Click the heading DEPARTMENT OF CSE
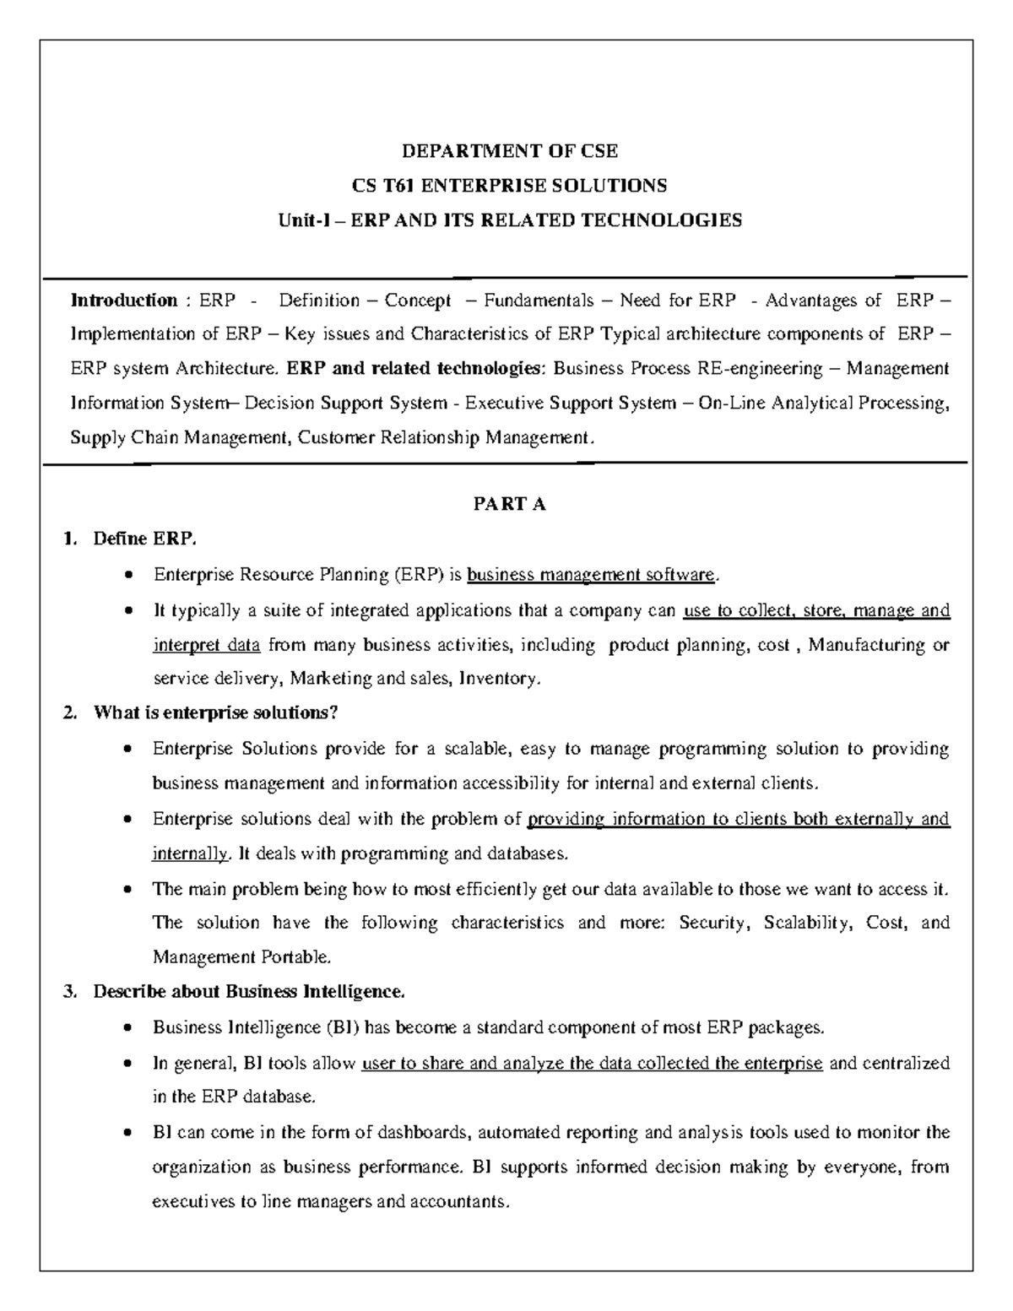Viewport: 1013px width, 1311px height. [x=510, y=151]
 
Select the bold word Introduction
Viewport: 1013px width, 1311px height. [x=123, y=301]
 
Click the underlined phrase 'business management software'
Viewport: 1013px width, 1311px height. [x=591, y=576]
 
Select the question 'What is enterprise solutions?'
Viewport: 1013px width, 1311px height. [x=215, y=713]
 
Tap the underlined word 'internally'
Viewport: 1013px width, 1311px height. [x=189, y=853]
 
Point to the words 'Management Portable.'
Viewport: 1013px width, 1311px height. [x=242, y=957]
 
